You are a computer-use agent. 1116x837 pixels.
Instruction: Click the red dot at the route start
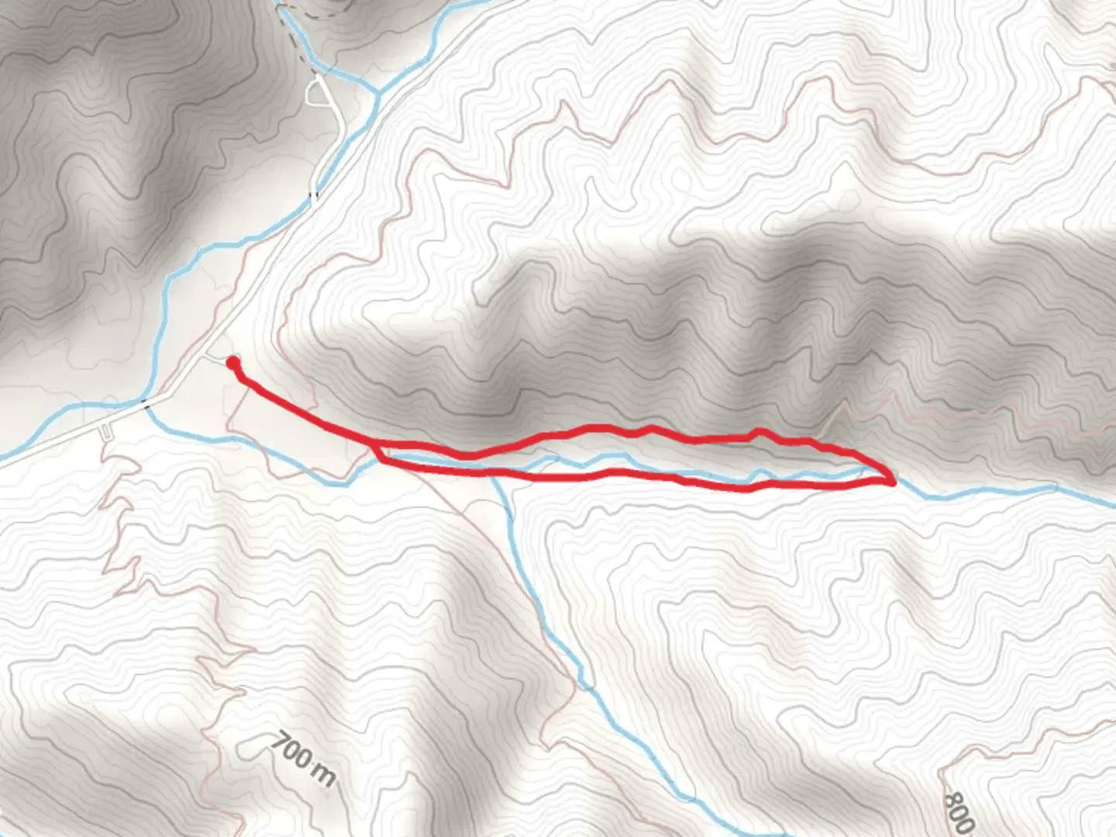point(232,362)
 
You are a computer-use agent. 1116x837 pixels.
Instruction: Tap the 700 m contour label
point(303,758)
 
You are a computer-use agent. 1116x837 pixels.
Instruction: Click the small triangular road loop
point(316,93)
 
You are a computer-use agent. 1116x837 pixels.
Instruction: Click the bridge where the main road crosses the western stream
point(145,401)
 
